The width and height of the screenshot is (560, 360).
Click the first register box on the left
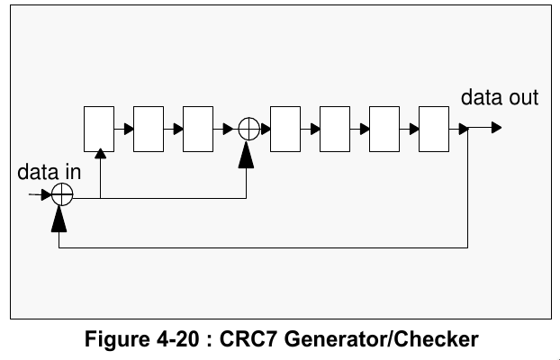pos(99,129)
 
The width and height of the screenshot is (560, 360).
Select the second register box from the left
pos(149,129)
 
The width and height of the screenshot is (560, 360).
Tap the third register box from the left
pos(198,129)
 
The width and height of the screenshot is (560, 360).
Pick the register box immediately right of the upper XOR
pos(285,129)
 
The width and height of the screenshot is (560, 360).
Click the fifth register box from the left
pos(335,129)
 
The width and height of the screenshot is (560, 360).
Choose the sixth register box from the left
pos(384,129)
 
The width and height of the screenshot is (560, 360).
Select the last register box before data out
pos(434,129)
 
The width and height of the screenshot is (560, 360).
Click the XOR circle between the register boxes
pos(248,129)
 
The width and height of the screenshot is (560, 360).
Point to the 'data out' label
pos(500,97)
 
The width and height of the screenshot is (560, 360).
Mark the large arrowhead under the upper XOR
pos(248,155)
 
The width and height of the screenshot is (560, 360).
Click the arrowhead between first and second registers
pos(129,129)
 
